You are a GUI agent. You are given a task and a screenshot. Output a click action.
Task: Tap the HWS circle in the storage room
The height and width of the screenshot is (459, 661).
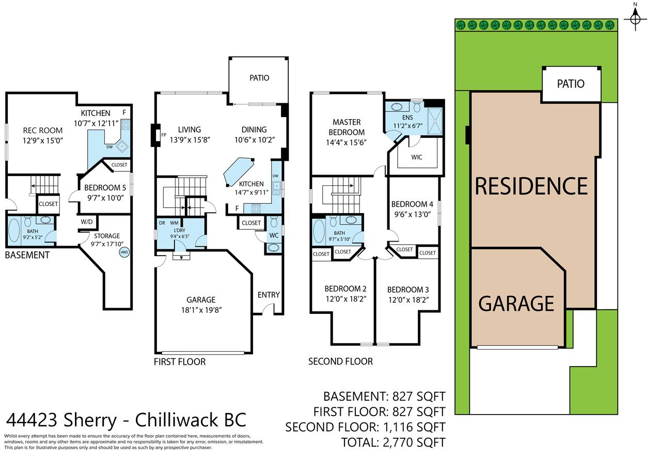(124, 252)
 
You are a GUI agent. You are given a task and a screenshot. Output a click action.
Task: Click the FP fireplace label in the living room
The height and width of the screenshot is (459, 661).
(164, 135)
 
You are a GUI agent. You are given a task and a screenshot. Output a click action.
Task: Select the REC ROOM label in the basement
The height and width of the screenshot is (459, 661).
(43, 131)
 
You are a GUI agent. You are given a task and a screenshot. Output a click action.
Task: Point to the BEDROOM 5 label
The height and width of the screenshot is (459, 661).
(105, 187)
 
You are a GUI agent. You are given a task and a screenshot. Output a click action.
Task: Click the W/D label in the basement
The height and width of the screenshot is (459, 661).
(87, 222)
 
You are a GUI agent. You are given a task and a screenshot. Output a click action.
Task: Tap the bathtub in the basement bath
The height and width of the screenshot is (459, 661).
(14, 231)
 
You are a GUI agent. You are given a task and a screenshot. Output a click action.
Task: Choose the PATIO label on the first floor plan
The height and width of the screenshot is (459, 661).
(259, 78)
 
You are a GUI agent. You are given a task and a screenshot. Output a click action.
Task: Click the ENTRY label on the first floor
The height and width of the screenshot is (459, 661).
(269, 295)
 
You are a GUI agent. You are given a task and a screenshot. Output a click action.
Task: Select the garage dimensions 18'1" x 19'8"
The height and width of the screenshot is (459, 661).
(201, 310)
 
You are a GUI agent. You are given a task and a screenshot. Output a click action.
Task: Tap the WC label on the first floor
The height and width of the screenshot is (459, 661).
(274, 235)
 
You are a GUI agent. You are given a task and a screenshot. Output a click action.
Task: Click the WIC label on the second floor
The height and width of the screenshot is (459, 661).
(417, 157)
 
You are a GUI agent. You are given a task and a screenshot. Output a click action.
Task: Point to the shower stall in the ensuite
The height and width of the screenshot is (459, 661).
(435, 121)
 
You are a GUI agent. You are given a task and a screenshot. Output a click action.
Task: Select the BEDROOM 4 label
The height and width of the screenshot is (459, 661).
(412, 204)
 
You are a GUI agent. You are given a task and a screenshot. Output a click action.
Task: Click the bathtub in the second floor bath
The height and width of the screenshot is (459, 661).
(319, 231)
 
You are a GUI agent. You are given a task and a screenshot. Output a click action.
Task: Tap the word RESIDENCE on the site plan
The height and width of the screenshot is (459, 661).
(531, 186)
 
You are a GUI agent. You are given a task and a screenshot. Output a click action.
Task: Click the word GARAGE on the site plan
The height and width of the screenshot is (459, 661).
(516, 304)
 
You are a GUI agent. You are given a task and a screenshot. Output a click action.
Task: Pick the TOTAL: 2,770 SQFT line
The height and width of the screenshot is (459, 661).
(393, 442)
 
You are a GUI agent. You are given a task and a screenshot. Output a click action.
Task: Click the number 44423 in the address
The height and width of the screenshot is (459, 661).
(32, 420)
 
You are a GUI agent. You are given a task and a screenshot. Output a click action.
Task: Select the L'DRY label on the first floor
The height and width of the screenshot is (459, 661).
(180, 230)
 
